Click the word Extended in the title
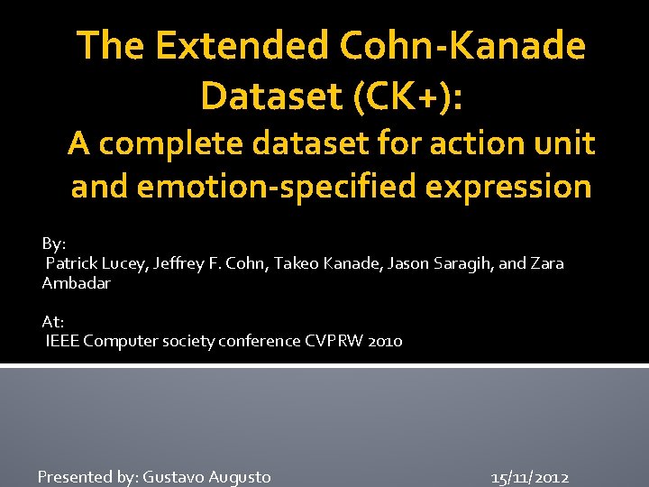pos(213,45)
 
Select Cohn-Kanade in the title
pos(451,45)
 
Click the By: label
pos(54,243)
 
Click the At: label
pos(53,321)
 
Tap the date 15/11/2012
pos(530,477)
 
